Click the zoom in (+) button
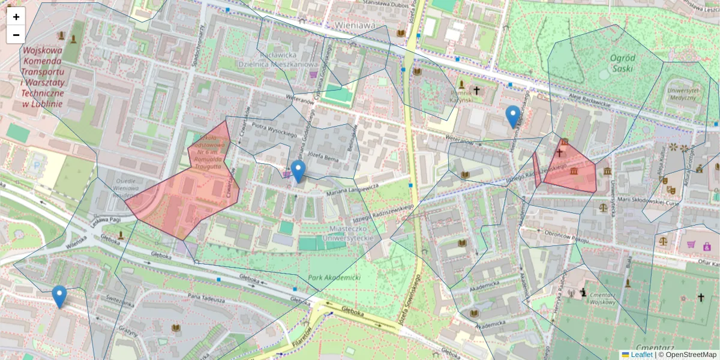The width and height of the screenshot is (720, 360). pos(16,17)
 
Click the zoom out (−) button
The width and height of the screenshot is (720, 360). pos(16,35)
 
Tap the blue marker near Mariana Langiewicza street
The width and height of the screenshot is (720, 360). pos(298,171)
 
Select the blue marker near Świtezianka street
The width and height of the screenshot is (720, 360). pos(59,296)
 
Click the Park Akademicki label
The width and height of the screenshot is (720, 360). pos(334,278)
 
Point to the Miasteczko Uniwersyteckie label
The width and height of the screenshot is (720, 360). pos(352,233)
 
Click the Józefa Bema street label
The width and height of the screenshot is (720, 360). pos(325,157)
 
